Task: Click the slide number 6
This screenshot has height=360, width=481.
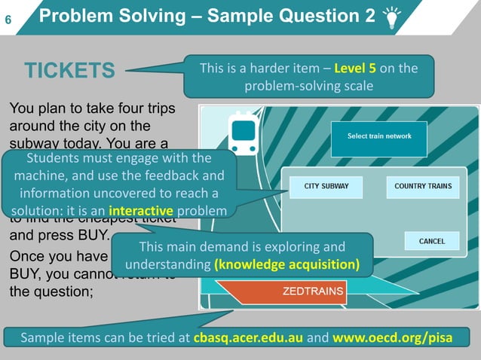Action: [x=8, y=17]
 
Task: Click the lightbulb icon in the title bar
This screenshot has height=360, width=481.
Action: [x=392, y=17]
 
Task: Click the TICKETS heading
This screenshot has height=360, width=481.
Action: [x=69, y=72]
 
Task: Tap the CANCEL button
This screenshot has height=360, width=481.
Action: [x=432, y=242]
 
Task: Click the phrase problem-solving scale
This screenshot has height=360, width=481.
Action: [x=308, y=86]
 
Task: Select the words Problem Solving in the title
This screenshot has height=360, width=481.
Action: [x=100, y=16]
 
